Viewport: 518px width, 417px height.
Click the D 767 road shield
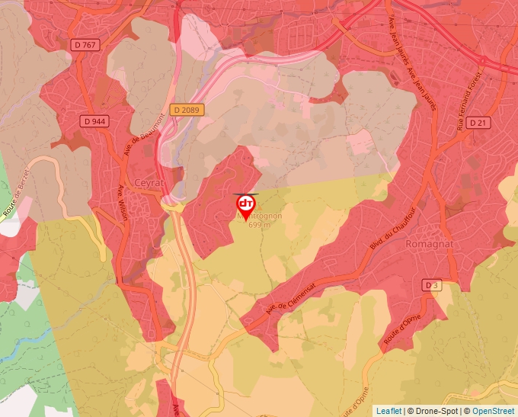coord(86,45)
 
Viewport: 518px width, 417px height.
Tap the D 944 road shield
coord(95,120)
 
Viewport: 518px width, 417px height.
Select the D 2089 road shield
coord(186,110)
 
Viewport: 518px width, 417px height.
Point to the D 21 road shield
coord(478,122)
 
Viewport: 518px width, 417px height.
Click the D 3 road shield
coord(432,285)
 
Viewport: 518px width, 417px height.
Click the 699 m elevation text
coord(259,224)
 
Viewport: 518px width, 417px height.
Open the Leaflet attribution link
coord(388,411)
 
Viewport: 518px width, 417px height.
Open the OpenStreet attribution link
coord(493,411)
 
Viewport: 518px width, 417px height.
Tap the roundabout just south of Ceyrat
coord(174,204)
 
